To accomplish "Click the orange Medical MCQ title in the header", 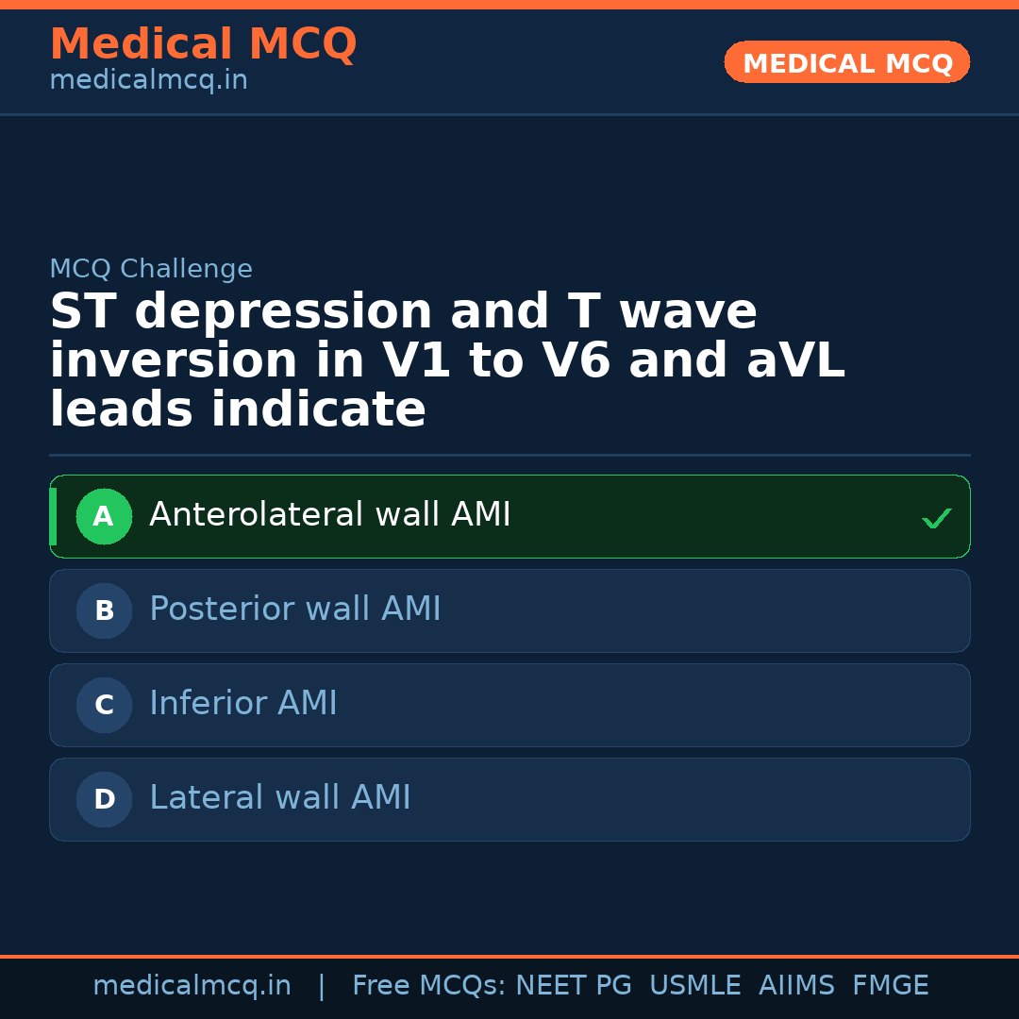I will pos(203,44).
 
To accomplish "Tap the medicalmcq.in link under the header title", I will pos(148,80).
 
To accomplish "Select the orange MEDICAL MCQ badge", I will pos(846,62).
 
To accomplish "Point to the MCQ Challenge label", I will pos(151,269).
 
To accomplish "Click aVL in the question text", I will pos(794,360).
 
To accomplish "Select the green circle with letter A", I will pos(104,516).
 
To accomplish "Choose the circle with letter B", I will pos(104,610).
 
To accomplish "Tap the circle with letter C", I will pos(104,705).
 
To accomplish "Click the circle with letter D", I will pos(104,799).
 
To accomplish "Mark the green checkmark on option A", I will pos(936,518).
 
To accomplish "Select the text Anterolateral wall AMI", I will pos(330,515).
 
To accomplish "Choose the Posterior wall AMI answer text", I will pos(295,610).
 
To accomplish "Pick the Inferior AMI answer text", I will pos(243,704).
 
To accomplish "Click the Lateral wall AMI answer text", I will pos(280,798).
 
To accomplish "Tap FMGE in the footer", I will pos(890,986).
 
